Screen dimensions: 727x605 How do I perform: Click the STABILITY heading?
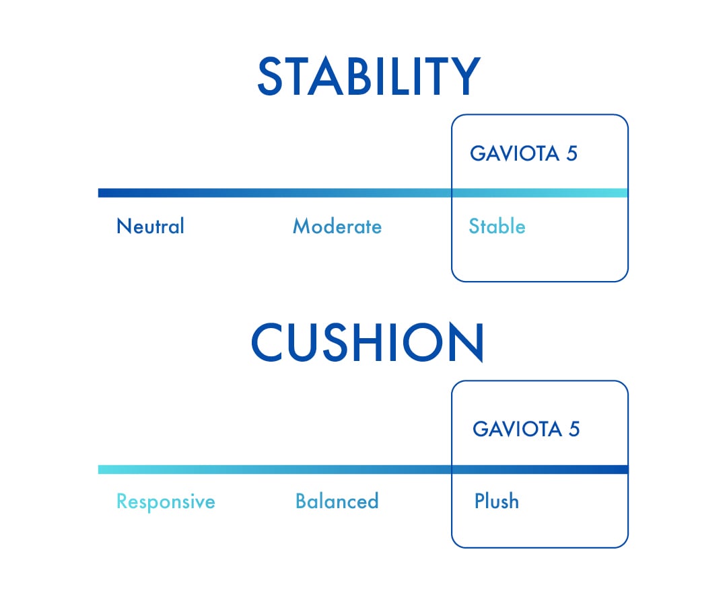(x=368, y=76)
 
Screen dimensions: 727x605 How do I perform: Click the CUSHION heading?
(x=367, y=343)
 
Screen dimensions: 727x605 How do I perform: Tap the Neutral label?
(x=150, y=227)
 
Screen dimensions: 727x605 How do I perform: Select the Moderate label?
(x=337, y=227)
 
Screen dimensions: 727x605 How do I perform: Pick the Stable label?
(x=497, y=227)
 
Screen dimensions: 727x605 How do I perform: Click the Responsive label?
(x=166, y=501)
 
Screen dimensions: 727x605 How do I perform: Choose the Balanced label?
(x=337, y=501)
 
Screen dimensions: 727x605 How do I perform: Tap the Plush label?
(x=497, y=501)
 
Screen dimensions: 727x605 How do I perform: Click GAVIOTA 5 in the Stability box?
(x=524, y=154)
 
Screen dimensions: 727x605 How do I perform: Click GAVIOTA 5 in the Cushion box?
(x=526, y=429)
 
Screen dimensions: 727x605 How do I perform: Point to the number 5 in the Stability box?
(x=572, y=154)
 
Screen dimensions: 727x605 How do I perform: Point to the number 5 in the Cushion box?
(x=574, y=429)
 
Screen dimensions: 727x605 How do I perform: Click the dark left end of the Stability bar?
(x=102, y=193)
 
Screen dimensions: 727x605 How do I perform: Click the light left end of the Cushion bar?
(x=102, y=469)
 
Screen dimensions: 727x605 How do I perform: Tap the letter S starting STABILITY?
(x=271, y=76)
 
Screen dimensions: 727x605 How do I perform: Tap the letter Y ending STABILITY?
(x=465, y=76)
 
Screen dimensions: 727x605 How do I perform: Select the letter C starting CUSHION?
(x=269, y=343)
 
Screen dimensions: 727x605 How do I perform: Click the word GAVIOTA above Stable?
(x=514, y=154)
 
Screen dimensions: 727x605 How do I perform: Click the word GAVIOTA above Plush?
(x=517, y=429)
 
